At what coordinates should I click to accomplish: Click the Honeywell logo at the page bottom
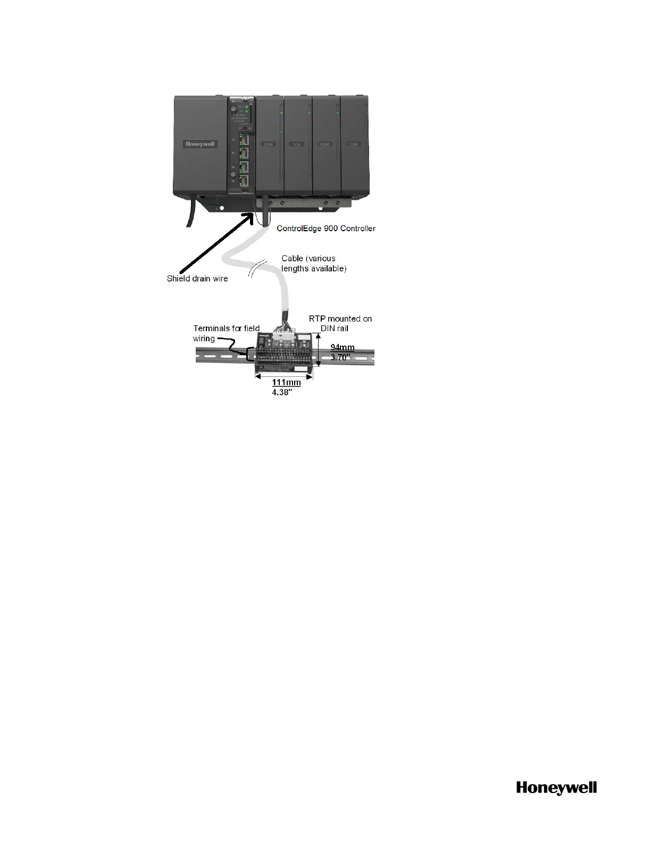556,788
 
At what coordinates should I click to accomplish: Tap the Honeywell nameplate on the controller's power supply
201,144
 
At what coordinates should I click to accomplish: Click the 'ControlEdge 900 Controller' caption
327,229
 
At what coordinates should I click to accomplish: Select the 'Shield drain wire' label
197,279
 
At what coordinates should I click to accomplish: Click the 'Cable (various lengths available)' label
314,264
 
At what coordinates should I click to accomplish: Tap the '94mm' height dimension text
343,348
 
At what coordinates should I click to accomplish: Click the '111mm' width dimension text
286,382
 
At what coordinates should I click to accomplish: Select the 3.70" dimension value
341,358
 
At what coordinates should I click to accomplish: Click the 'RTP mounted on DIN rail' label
340,323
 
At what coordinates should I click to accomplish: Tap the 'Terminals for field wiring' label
226,333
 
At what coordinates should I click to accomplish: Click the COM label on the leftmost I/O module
268,145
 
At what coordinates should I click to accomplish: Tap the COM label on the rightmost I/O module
354,145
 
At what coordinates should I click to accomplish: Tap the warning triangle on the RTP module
261,367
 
